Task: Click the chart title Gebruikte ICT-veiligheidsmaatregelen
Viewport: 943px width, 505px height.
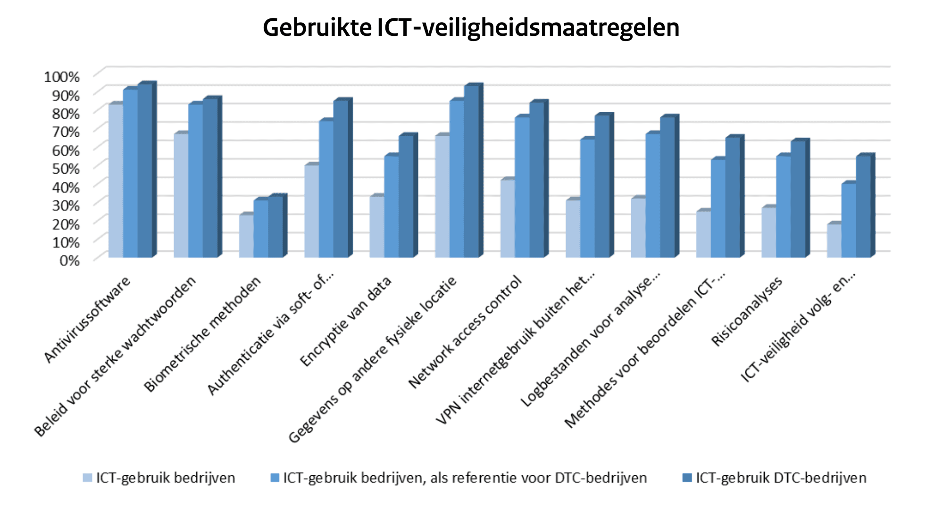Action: (471, 27)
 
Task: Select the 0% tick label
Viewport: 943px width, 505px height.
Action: (69, 260)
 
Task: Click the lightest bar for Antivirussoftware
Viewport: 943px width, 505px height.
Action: (116, 181)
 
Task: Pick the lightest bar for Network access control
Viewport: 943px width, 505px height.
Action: (508, 218)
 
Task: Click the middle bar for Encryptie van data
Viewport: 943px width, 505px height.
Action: (392, 207)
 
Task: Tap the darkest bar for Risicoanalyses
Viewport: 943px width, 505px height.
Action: (798, 200)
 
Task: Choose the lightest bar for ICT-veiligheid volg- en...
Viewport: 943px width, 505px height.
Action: (834, 240)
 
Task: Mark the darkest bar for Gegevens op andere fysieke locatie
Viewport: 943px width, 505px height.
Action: (471, 172)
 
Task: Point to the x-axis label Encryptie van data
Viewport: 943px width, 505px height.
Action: (346, 322)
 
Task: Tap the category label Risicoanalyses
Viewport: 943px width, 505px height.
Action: (747, 311)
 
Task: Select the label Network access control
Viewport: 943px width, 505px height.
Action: (466, 332)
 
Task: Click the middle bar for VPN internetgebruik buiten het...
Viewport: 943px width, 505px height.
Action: (587, 198)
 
